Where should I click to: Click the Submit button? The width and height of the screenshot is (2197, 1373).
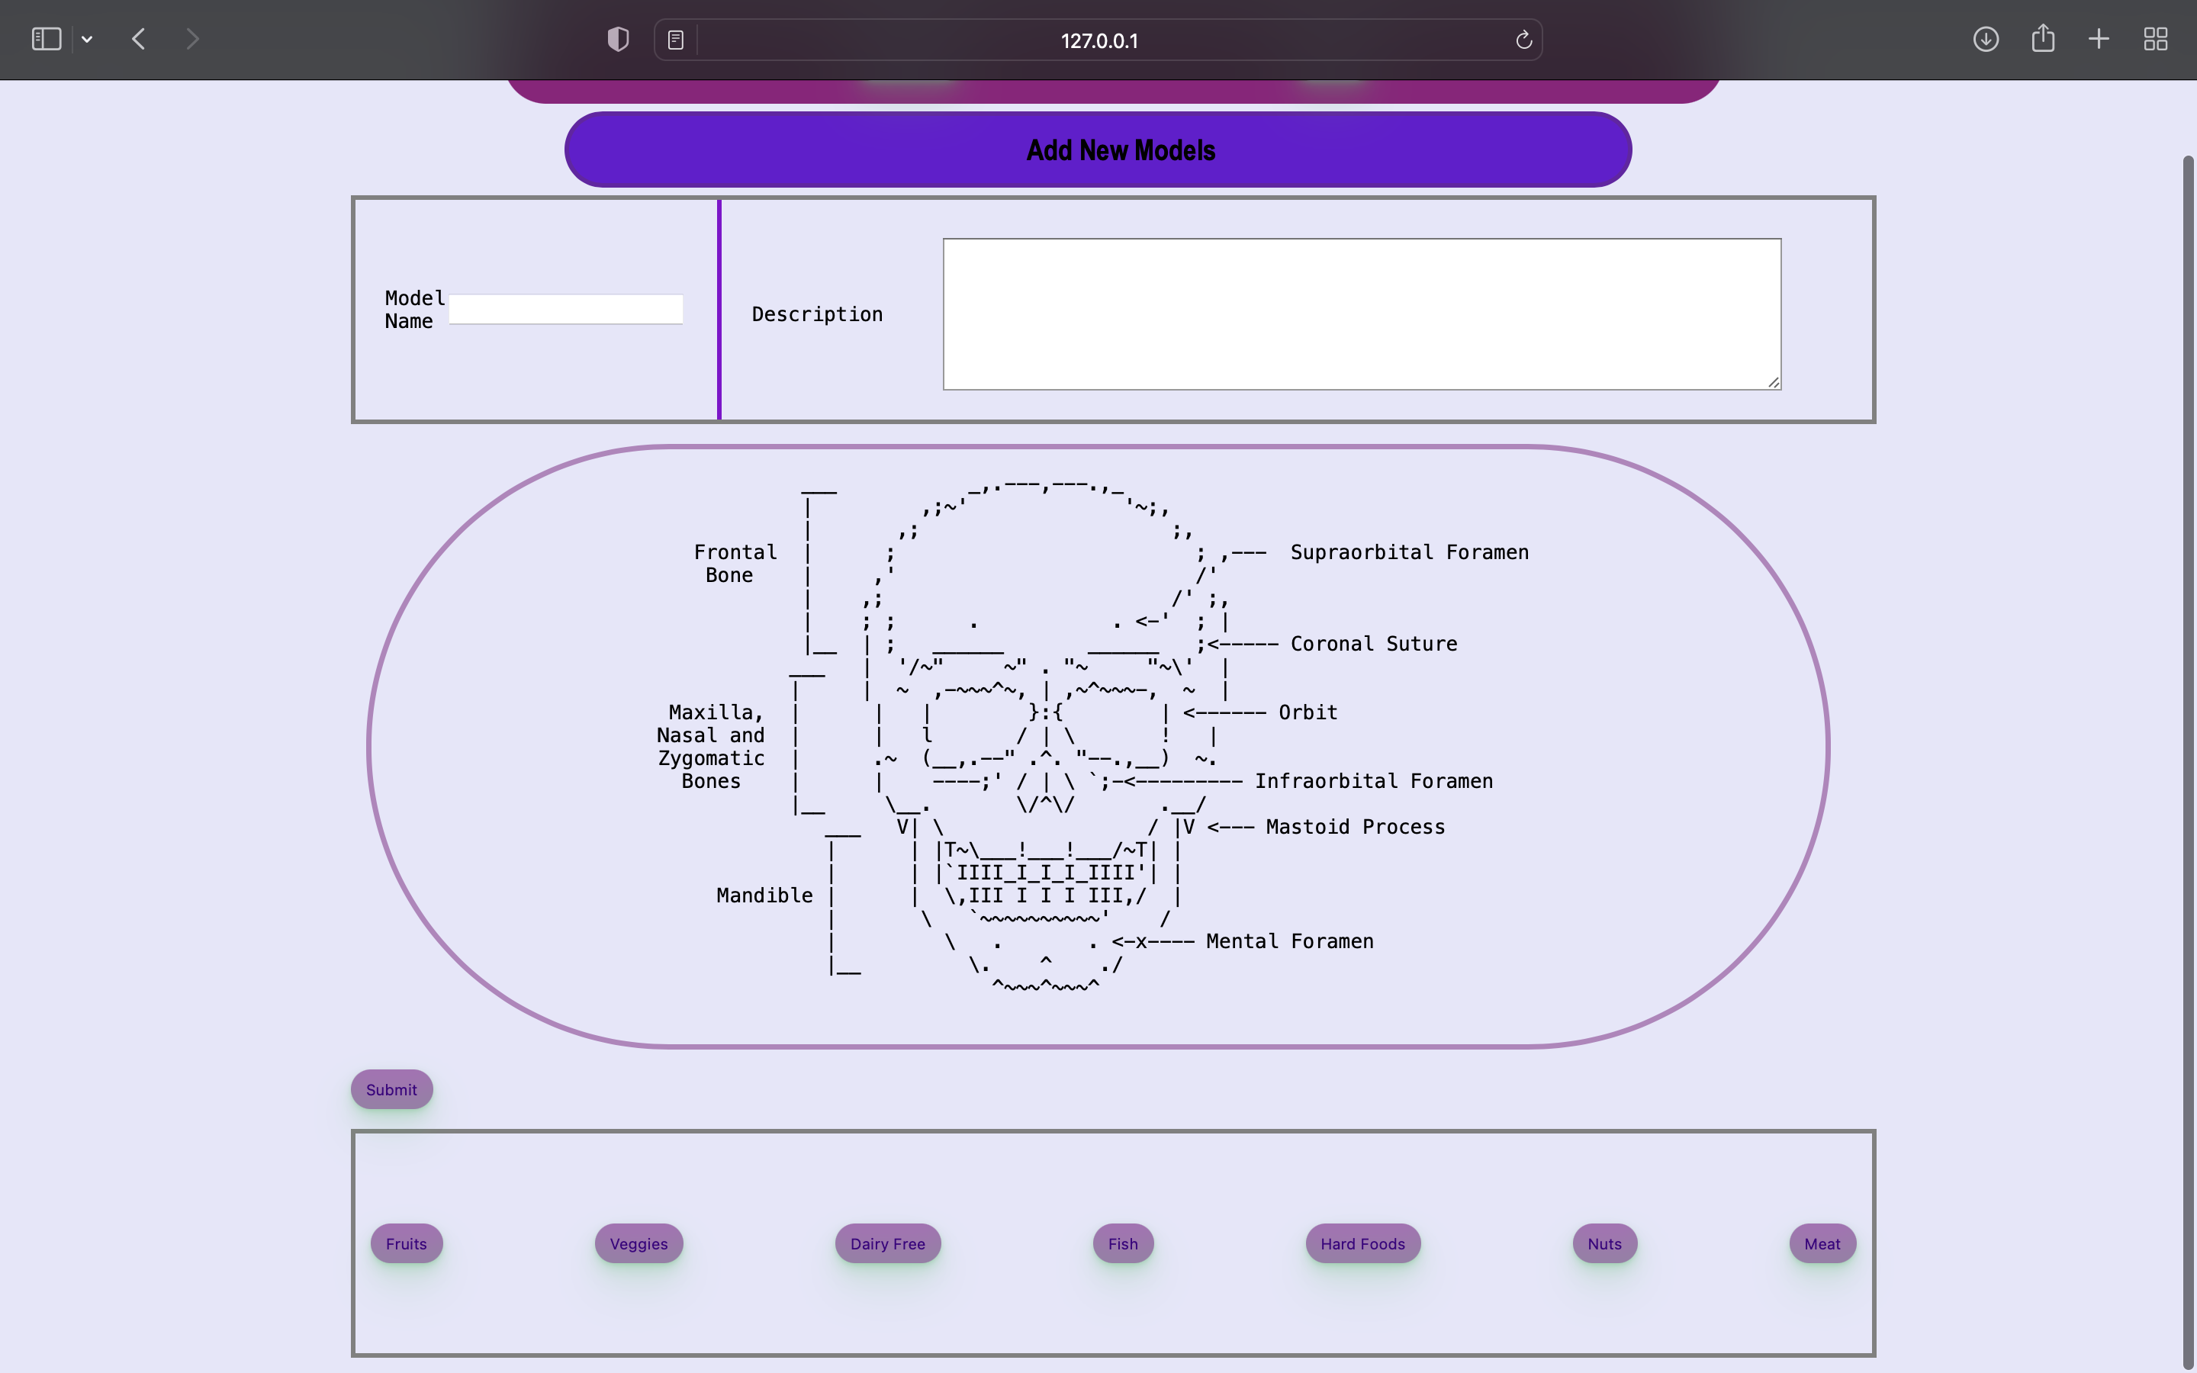391,1090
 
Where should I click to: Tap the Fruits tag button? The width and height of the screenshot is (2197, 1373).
406,1244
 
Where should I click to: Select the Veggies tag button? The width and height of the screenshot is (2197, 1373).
639,1244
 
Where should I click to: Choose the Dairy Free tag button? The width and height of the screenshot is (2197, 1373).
887,1244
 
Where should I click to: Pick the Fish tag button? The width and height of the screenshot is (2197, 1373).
1122,1244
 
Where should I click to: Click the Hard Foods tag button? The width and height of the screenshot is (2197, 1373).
1362,1244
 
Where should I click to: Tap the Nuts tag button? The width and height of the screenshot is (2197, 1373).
1604,1244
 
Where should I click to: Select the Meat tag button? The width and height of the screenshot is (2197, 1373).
1822,1244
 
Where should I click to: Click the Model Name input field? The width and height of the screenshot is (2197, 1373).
565,310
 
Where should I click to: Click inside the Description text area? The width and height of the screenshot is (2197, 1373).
1362,314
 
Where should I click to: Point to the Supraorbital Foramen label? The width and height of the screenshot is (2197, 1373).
1409,552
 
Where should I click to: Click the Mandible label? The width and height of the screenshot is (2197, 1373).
764,896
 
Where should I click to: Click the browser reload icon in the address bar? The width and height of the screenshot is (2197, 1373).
1523,40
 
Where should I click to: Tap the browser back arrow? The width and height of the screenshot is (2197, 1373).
139,39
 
